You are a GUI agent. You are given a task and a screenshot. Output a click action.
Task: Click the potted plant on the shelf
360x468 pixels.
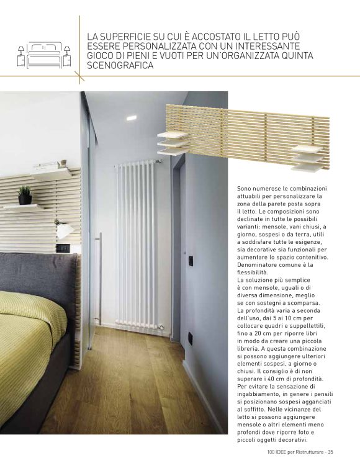tap(25, 196)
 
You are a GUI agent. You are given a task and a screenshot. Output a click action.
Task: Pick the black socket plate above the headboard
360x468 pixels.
tap(63, 247)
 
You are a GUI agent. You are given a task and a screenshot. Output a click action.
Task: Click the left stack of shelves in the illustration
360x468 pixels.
tap(172, 142)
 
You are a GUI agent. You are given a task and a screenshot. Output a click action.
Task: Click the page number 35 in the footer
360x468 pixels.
tap(331, 451)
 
